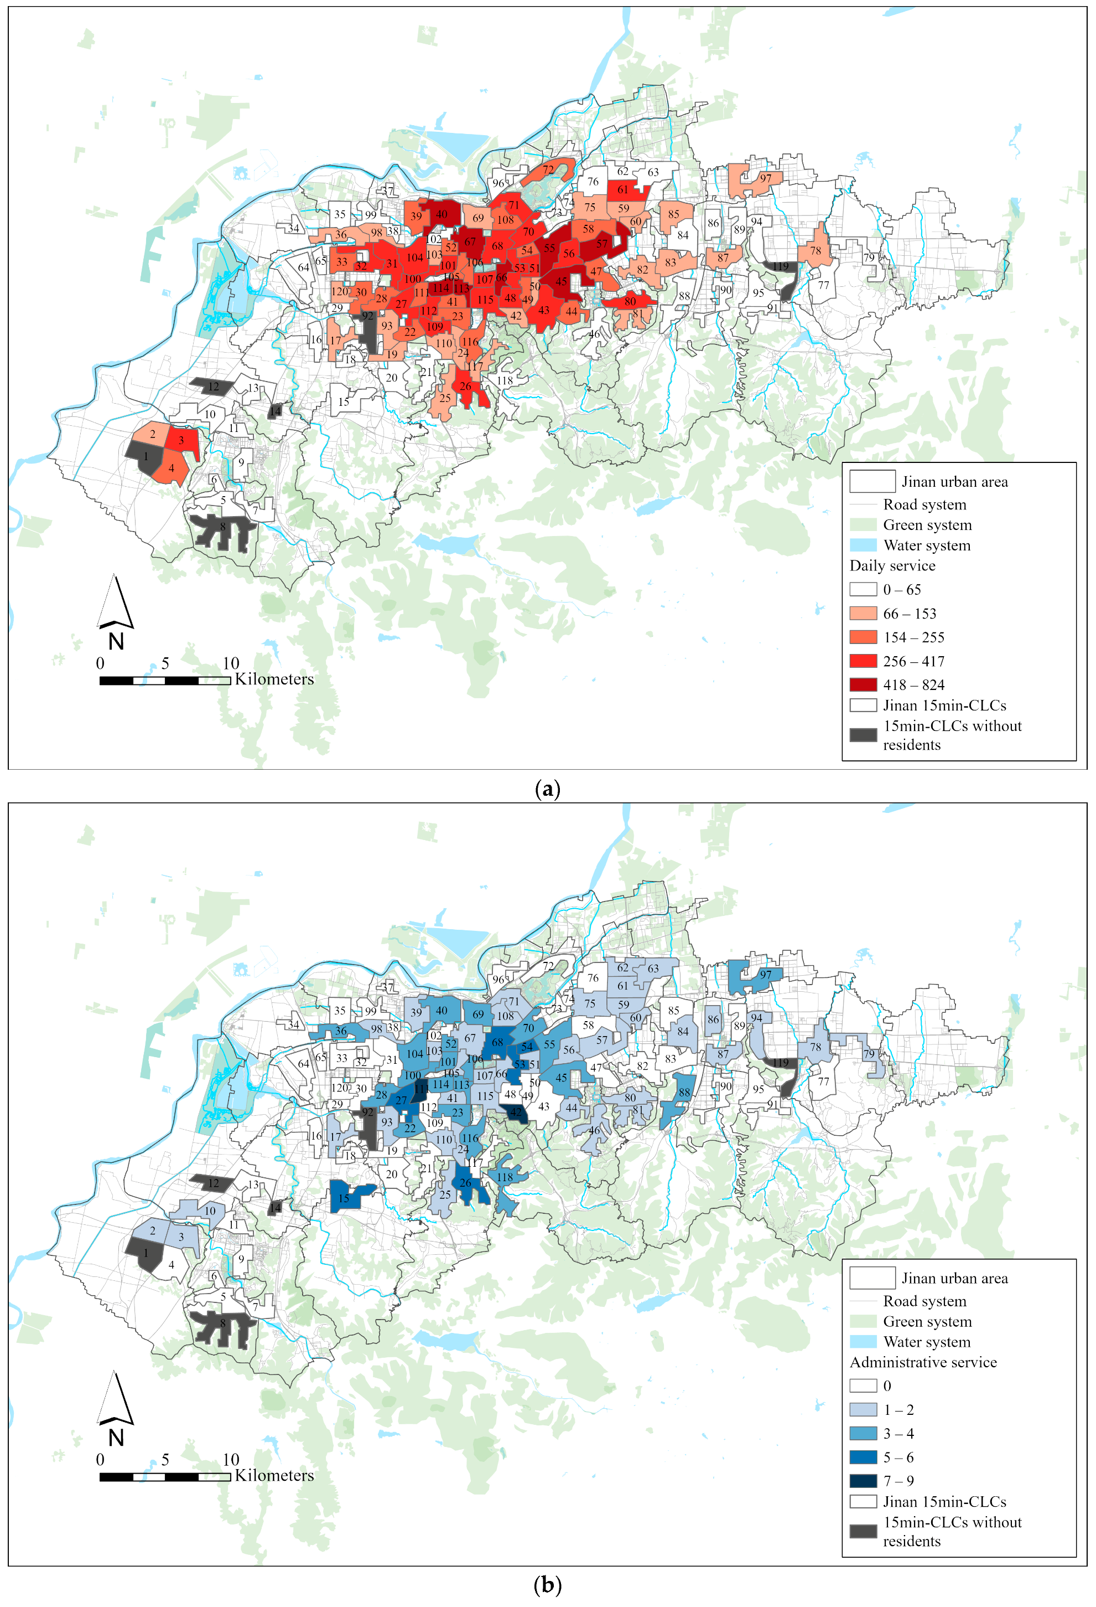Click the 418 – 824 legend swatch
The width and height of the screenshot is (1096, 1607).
863,684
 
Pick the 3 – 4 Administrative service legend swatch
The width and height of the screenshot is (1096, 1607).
863,1434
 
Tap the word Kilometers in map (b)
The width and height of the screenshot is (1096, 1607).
274,1476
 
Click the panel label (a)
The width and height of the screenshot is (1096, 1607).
547,789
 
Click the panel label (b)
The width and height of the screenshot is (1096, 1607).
547,1585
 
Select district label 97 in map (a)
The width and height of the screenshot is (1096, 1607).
765,178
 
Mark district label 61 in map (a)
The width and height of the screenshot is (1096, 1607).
622,189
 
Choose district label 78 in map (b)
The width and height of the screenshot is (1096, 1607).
815,1047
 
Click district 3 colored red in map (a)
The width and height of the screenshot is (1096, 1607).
182,440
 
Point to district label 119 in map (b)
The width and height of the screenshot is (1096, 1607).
780,1063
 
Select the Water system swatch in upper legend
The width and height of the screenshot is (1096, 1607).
863,545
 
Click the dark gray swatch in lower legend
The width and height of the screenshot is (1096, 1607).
863,1531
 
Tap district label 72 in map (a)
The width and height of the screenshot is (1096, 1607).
548,169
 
